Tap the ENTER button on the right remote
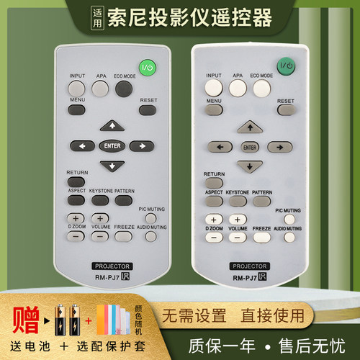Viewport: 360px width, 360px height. (249, 147)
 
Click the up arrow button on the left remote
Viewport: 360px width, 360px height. (109, 125)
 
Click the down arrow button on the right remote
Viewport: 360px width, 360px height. (249, 167)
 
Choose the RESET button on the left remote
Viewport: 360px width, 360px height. (148, 109)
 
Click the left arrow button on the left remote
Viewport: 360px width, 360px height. (80, 145)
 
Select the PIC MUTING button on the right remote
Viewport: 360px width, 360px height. (287, 218)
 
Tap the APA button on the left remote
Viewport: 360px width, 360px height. (100, 88)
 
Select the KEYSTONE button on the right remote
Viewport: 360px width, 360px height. (237, 201)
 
